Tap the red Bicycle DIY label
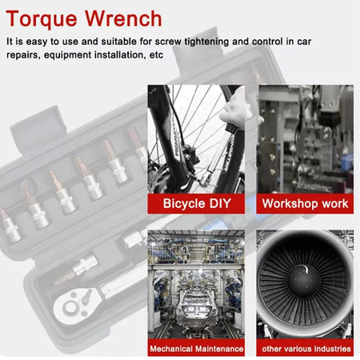(197, 203)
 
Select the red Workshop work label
(305, 203)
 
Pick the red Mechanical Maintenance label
(197, 349)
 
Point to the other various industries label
(305, 349)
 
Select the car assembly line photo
(197, 285)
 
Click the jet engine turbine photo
(305, 285)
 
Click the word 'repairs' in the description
(24, 54)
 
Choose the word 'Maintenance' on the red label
(216, 349)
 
